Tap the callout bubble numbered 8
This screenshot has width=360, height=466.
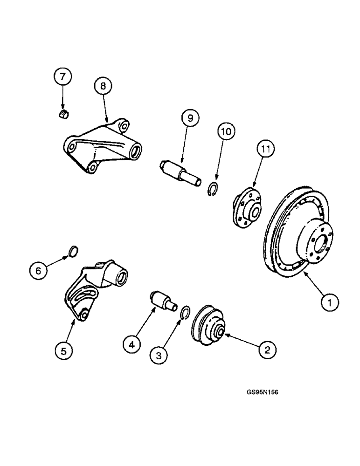[x=103, y=86]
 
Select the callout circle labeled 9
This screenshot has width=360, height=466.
[x=190, y=118]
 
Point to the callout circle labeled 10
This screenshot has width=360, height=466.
[x=226, y=132]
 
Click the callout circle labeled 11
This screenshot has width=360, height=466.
[x=265, y=150]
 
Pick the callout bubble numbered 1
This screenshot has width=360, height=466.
[x=330, y=303]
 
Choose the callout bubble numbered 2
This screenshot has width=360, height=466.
[x=268, y=349]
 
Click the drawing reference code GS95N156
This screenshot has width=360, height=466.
[x=263, y=392]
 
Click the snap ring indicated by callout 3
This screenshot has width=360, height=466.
[x=185, y=313]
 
